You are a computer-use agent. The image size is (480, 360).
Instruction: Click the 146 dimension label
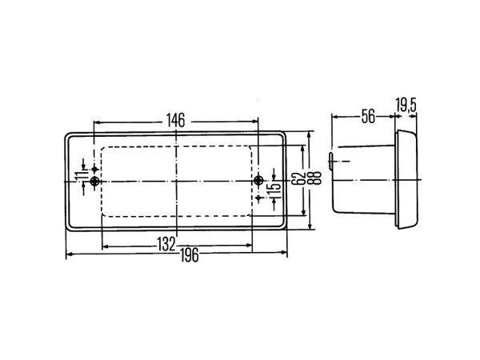tap(176, 120)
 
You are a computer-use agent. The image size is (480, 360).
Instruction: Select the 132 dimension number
tap(166, 244)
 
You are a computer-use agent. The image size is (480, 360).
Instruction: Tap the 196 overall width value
tap(190, 255)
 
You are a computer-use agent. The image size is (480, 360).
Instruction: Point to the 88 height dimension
tap(318, 178)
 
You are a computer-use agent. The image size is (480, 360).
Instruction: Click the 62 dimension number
tap(298, 178)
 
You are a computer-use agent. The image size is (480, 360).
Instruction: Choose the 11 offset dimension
tap(79, 177)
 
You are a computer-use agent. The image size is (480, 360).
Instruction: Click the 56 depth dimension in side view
tap(368, 116)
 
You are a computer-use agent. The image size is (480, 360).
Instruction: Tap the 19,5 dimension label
tap(406, 105)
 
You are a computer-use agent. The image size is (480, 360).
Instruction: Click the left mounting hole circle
tap(95, 182)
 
